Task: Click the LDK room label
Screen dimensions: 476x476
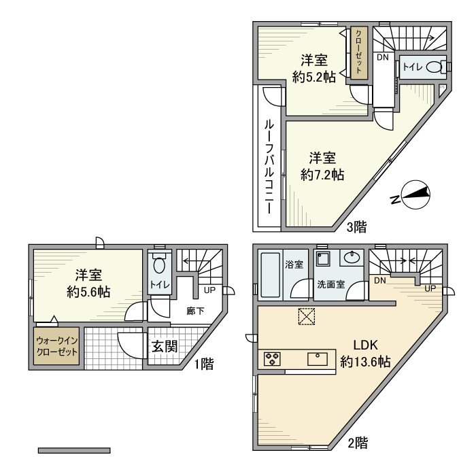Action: [366, 345]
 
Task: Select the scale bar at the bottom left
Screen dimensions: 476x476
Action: [74, 450]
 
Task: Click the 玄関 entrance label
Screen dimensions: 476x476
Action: [165, 346]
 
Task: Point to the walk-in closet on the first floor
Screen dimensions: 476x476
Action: [56, 346]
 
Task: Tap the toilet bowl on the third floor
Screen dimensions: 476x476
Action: [434, 67]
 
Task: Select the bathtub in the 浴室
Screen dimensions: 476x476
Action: [270, 275]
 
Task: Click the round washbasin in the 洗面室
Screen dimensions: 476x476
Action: [352, 257]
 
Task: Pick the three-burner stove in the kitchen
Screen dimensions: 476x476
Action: [272, 358]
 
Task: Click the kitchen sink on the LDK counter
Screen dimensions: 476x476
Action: [318, 359]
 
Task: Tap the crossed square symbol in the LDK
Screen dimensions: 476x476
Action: [307, 317]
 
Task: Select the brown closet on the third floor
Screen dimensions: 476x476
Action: [359, 53]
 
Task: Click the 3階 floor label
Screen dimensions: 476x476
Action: [357, 226]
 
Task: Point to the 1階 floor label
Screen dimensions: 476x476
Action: [204, 364]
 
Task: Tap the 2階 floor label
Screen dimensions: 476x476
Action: [358, 443]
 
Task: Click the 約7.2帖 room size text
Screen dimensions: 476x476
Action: [322, 175]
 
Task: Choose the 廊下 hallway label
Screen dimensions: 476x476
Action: [195, 311]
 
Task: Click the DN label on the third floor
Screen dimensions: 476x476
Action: [382, 57]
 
